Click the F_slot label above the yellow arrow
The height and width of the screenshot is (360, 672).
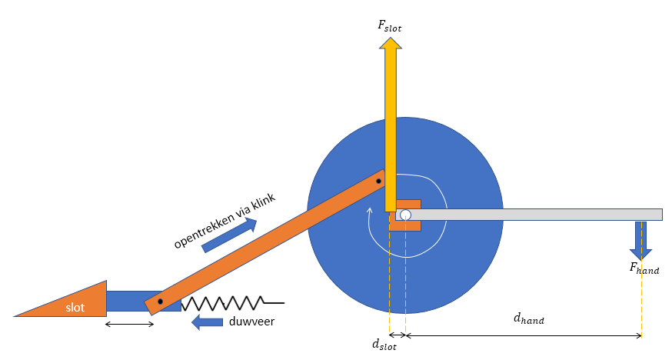point(389,26)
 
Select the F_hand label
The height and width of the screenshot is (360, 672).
point(644,268)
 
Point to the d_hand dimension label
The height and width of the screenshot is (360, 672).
point(528,318)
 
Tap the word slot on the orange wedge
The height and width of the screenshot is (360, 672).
point(75,307)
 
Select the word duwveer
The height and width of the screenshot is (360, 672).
point(251,322)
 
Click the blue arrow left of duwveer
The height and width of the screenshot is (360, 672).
point(207,322)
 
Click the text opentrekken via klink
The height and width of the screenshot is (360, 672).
point(225,221)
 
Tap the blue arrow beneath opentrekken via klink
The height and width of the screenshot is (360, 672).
point(229,235)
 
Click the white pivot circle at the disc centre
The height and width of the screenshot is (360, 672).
point(405,215)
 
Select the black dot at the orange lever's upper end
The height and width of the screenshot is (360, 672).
point(378,182)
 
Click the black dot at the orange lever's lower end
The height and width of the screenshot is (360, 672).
point(160,302)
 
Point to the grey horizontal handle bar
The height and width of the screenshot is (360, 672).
point(538,214)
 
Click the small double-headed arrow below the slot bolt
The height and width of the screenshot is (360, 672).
point(130,324)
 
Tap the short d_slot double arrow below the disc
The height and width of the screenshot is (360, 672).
point(397,335)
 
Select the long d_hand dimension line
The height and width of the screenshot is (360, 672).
point(523,335)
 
